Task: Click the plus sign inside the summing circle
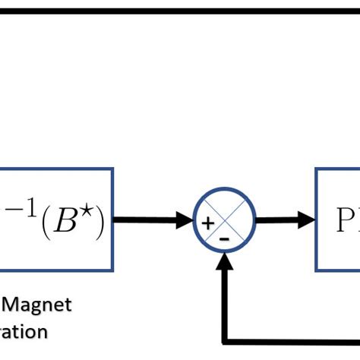(207, 223)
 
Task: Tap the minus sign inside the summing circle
(224, 238)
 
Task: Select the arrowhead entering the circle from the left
(185, 221)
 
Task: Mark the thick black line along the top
(180, 11)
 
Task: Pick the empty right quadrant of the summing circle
(241, 222)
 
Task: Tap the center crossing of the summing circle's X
(224, 222)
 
